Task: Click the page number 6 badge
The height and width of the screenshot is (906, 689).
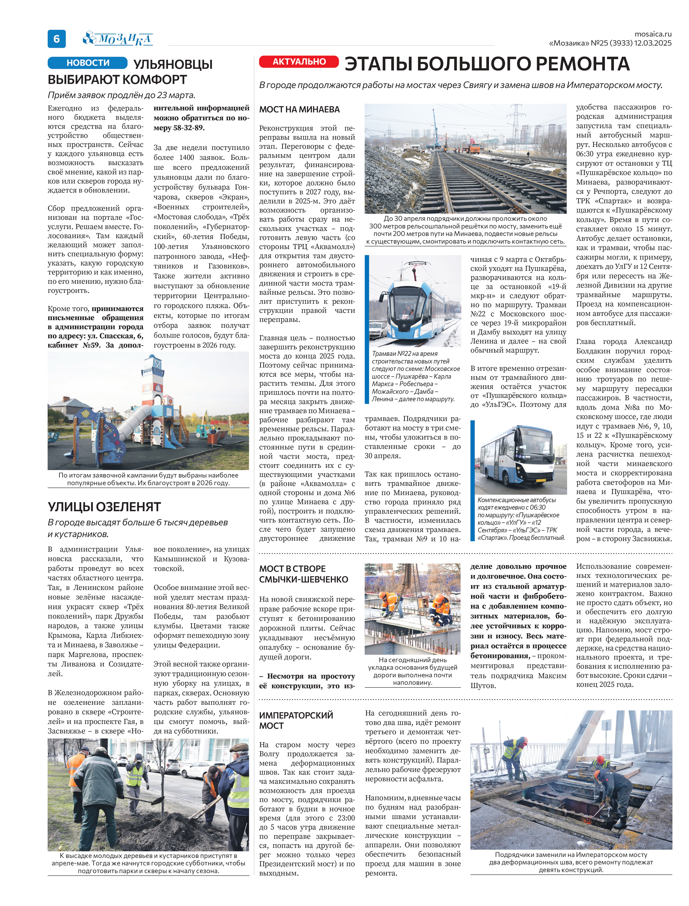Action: pos(57,39)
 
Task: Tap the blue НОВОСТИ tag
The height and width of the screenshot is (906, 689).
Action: pos(88,63)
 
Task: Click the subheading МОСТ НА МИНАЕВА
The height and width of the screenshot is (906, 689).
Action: pos(299,110)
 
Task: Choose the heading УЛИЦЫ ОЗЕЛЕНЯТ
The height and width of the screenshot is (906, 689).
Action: pos(104,507)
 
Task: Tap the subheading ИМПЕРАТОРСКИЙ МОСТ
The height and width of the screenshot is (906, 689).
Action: pos(296,721)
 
